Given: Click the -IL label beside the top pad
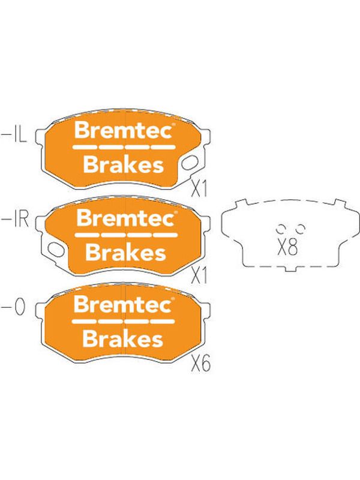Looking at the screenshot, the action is point(14,136).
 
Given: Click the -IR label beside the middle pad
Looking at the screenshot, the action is point(16,219).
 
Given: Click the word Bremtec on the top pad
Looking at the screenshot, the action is point(123,131).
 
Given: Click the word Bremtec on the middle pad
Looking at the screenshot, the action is point(125,218).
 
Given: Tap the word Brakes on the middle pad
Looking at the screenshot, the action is point(125,252).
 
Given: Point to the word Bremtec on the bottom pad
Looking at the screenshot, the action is point(122,305).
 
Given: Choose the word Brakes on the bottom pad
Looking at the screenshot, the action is point(123,339).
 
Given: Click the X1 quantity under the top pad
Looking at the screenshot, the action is point(199,188).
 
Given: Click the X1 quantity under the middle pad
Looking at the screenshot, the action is point(199,275).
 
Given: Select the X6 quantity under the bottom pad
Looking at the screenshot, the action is point(201,364).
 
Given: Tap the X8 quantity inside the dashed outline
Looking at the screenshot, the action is point(287,247).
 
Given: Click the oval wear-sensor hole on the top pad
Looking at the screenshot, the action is point(190,163).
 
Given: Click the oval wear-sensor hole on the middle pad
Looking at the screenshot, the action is point(55,250).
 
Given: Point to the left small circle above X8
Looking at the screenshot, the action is point(280,228).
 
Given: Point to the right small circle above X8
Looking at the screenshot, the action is point(301,228).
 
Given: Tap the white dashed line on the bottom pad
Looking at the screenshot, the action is point(123,322).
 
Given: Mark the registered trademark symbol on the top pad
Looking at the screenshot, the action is point(173,125).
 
